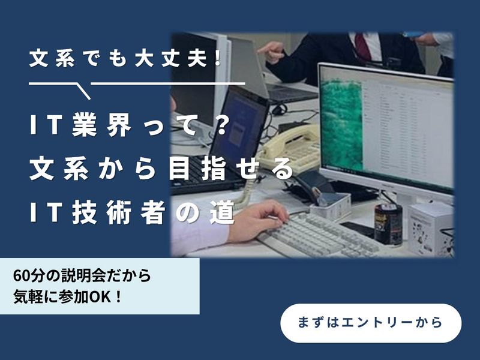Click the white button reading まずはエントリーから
(371, 322)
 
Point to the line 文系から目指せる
(162, 170)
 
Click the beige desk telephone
(288, 147)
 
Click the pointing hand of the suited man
(274, 52)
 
